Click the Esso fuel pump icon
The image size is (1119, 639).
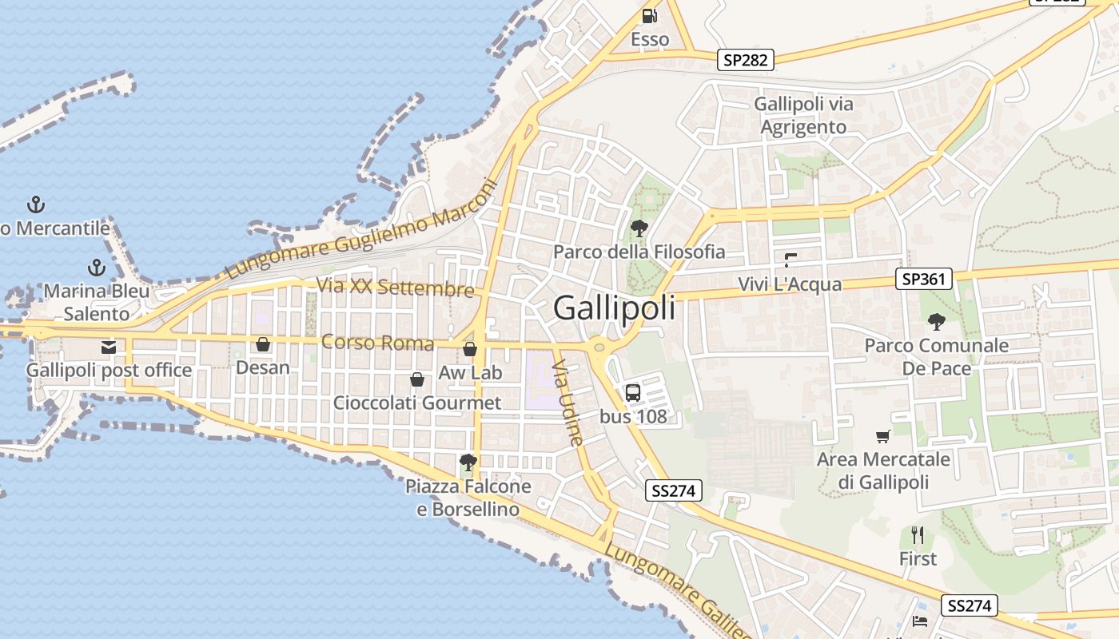point(650,15)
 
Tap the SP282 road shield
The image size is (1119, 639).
point(745,60)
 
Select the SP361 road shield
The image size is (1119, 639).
point(924,279)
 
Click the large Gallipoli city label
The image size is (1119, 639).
point(614,308)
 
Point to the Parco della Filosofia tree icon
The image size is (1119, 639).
point(639,228)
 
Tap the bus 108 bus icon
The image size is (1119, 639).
point(632,392)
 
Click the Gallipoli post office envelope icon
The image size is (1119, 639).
point(109,347)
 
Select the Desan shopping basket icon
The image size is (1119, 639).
point(262,344)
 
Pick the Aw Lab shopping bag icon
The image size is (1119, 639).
point(470,349)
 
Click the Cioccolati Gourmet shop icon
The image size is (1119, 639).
point(416,379)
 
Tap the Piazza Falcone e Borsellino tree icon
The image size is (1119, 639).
point(468,462)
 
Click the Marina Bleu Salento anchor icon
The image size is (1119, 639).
point(97,267)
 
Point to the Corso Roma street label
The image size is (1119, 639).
point(377,343)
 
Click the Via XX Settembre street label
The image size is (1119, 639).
point(395,287)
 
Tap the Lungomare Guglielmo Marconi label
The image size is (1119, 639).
point(361,230)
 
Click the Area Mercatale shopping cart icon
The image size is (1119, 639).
point(882,436)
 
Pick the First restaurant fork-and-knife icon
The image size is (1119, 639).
point(918,534)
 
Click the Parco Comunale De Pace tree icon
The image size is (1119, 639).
point(936,322)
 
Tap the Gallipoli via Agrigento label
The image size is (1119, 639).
point(803,115)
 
